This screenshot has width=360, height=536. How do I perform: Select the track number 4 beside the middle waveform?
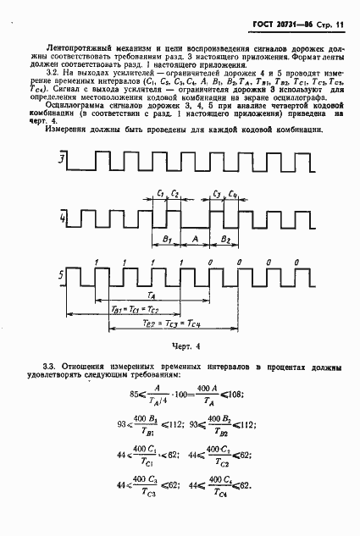61,221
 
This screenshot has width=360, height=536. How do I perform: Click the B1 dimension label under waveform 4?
167,240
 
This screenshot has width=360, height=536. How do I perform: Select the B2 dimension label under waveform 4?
224,240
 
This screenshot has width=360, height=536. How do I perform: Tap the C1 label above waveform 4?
160,194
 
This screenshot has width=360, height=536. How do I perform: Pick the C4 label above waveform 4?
233,194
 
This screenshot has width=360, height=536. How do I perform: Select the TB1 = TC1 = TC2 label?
141,310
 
